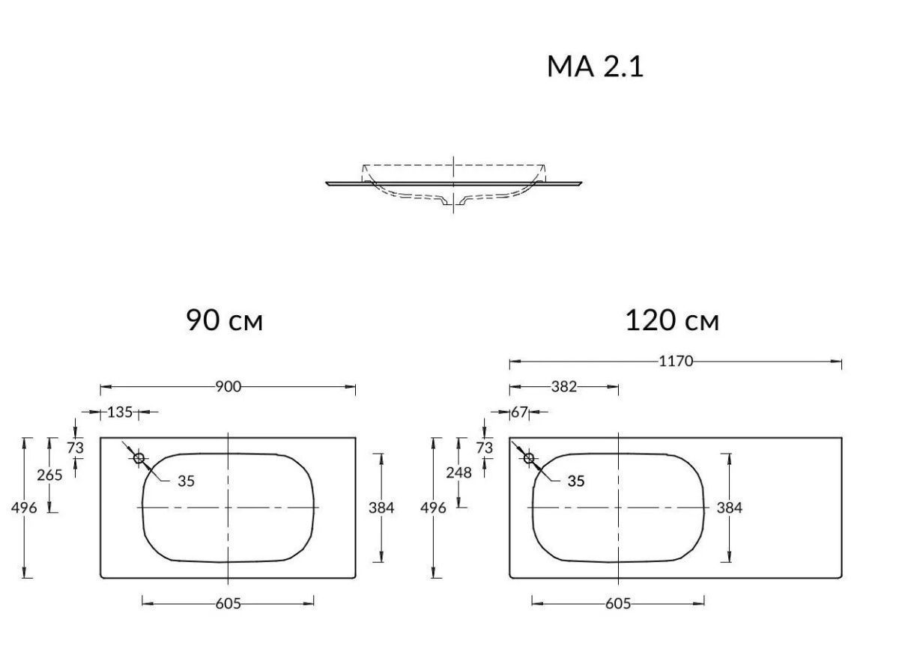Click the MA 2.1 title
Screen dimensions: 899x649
point(595,67)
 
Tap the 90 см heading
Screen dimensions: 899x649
point(224,320)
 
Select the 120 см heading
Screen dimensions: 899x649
point(672,320)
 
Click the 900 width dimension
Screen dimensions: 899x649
point(228,387)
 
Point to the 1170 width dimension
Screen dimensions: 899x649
point(676,362)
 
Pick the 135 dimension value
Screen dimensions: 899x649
point(120,412)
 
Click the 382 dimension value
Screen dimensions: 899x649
point(564,387)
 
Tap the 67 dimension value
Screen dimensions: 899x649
point(519,412)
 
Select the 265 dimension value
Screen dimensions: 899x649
point(49,475)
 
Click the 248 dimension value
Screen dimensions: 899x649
point(458,473)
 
